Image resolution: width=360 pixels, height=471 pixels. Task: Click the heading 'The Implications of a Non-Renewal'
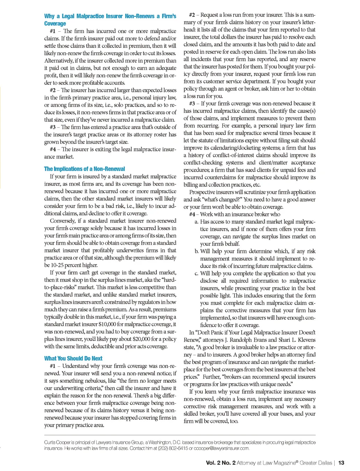84,169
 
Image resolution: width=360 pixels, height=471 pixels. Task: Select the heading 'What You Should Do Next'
73,358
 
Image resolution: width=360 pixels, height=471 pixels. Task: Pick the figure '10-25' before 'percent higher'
57,265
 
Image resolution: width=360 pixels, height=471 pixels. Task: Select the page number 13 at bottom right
341,463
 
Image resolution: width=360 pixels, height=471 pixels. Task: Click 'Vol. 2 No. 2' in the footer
220,463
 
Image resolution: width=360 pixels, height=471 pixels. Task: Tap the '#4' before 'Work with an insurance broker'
192,214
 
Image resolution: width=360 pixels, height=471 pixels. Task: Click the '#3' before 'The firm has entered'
53,127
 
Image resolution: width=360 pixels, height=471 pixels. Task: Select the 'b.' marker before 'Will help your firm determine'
197,251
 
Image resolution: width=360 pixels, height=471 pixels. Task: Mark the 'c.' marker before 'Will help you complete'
197,273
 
